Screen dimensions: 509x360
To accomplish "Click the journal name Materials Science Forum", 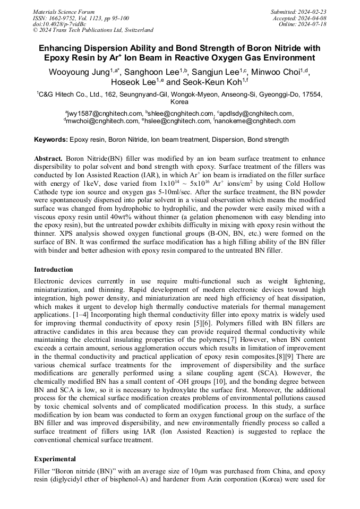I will pos(64,11).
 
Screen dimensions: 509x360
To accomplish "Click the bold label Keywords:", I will pos(51,140).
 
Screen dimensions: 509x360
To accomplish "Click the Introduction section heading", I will pos(54,269).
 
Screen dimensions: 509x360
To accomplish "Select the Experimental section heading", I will pos(55,459).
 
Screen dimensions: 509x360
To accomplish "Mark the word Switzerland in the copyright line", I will pos(136,30).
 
